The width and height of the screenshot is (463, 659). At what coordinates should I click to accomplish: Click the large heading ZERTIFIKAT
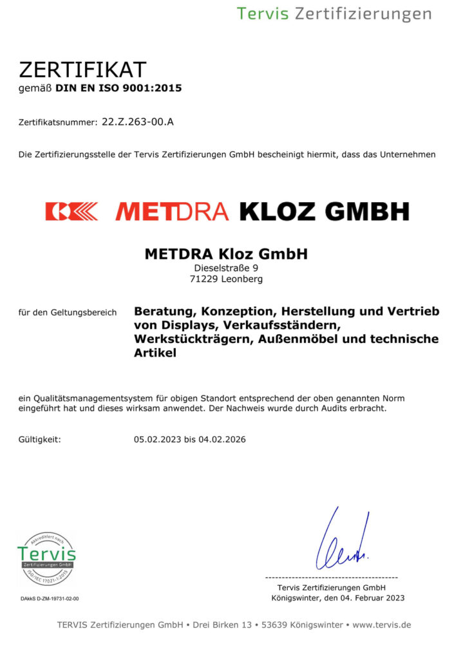pos(82,70)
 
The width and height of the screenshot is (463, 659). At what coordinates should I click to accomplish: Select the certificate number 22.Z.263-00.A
pos(138,121)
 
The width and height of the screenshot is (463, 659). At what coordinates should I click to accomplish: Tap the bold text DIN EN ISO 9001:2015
pos(119,88)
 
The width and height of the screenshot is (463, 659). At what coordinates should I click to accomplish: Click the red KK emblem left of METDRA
pos(71,211)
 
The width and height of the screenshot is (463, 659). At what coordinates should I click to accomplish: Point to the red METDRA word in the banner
pos(172,211)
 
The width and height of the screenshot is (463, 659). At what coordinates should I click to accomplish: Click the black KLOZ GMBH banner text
pos(324,211)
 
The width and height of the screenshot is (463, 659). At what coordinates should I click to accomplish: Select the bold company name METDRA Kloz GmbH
pos(226,254)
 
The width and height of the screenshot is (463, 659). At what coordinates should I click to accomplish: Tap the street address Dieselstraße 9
pos(226,268)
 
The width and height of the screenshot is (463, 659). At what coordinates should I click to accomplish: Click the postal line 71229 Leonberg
pos(226,279)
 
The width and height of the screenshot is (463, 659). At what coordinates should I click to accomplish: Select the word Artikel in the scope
pos(155,353)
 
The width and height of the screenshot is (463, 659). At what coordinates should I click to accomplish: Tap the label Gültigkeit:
pos(40,440)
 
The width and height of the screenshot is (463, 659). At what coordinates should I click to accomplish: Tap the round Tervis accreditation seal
pos(46,558)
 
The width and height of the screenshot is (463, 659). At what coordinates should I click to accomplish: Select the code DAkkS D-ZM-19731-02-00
pos(50,599)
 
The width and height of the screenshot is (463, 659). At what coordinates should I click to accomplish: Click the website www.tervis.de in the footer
pos(381,625)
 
